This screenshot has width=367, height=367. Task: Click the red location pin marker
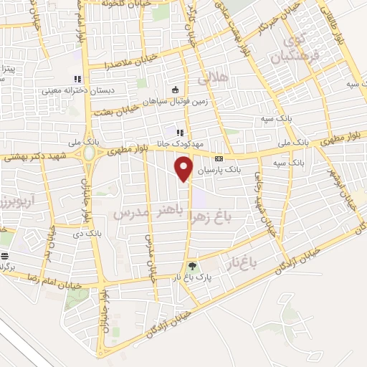coord(184,169)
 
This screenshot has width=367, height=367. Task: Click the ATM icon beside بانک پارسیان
coord(219,158)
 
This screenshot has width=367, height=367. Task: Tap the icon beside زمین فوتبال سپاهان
coord(176,90)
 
